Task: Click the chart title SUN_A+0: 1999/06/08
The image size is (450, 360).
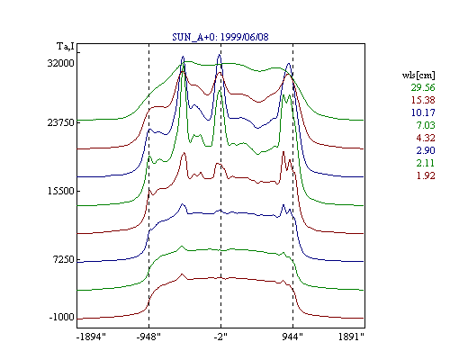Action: (x=220, y=37)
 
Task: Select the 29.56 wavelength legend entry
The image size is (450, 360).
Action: (x=423, y=87)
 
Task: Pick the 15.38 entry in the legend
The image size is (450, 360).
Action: (x=423, y=100)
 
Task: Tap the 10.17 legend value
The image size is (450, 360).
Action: (x=423, y=112)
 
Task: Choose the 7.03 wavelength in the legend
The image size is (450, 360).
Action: (x=426, y=125)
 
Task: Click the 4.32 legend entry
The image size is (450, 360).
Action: (x=426, y=138)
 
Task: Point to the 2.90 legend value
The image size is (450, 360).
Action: (x=426, y=150)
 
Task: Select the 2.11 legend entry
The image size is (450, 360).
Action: (x=426, y=163)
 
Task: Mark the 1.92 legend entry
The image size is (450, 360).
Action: (x=426, y=175)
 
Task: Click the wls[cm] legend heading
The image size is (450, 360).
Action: (x=418, y=75)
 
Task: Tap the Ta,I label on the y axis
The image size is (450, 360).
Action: (x=66, y=47)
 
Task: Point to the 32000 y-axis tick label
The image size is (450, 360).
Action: (x=60, y=63)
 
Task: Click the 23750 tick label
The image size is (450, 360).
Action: (x=60, y=122)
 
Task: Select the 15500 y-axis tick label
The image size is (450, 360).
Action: (x=60, y=191)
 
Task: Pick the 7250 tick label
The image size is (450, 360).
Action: (x=63, y=259)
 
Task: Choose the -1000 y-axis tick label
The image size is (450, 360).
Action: (x=61, y=317)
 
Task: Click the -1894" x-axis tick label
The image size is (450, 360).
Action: (x=91, y=337)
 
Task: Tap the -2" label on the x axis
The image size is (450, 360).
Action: (x=220, y=337)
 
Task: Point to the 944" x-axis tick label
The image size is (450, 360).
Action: (x=292, y=337)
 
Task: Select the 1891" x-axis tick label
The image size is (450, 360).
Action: (x=351, y=337)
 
